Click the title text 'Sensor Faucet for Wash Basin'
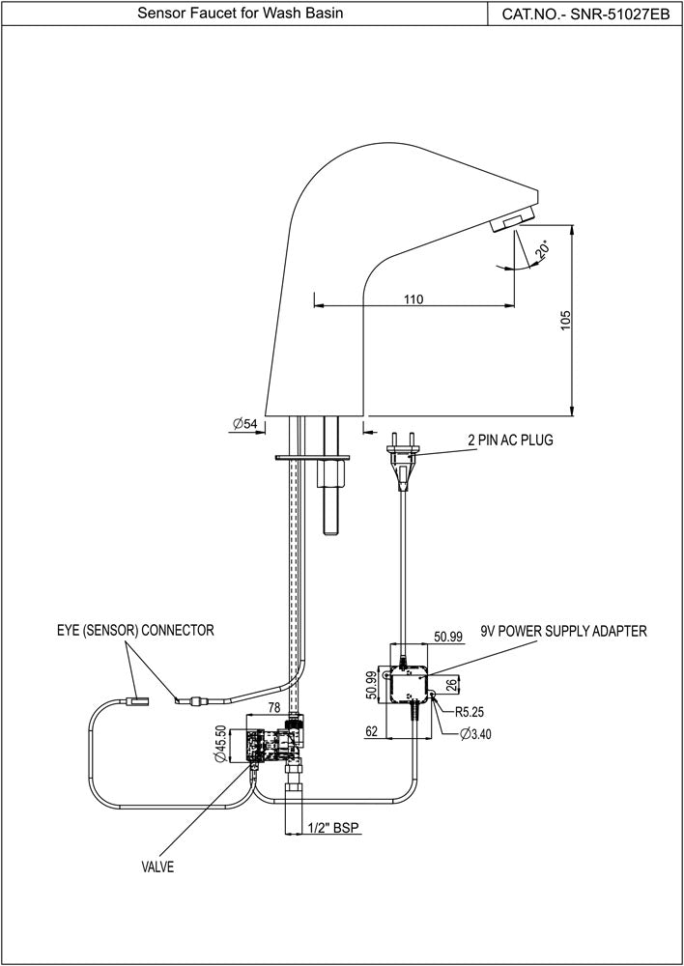[240, 14]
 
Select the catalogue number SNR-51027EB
[585, 14]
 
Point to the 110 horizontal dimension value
[413, 299]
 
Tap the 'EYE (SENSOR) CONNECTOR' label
[134, 630]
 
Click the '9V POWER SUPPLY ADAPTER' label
[563, 631]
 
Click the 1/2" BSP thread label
[334, 828]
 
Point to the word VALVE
[157, 867]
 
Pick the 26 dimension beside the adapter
[450, 688]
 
